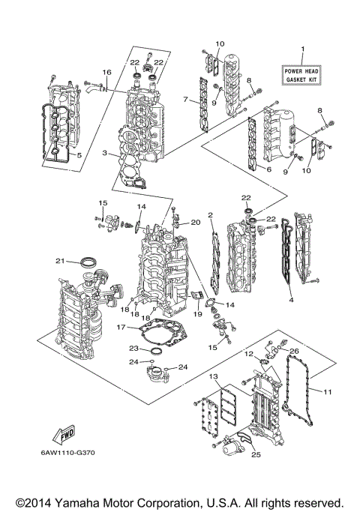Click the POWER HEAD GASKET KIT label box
[301, 73]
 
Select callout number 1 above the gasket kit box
[302, 50]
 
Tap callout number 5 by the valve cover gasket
[78, 155]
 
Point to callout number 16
[106, 72]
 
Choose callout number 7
[184, 99]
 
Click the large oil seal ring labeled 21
[88, 262]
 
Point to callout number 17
[121, 327]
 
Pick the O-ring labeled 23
[155, 351]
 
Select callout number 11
[327, 391]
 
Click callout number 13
[213, 376]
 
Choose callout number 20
[196, 223]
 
